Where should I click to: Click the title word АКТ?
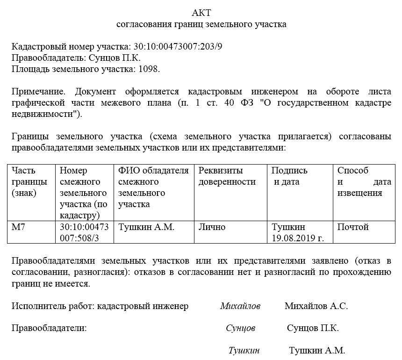coord(201,12)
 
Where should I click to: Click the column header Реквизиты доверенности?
coord(227,176)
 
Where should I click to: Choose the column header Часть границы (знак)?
coord(29,181)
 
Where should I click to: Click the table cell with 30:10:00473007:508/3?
coord(84,232)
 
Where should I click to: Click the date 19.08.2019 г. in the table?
coord(298,238)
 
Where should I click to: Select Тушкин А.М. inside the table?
coord(146,227)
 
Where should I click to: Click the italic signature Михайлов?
coord(240,306)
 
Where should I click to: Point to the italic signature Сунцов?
coord(240,328)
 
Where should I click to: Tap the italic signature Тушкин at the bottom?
coord(244,350)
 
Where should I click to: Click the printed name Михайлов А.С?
coord(316,306)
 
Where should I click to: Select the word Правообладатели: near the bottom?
coord(49,328)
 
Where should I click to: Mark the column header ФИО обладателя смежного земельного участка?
coord(153,187)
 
